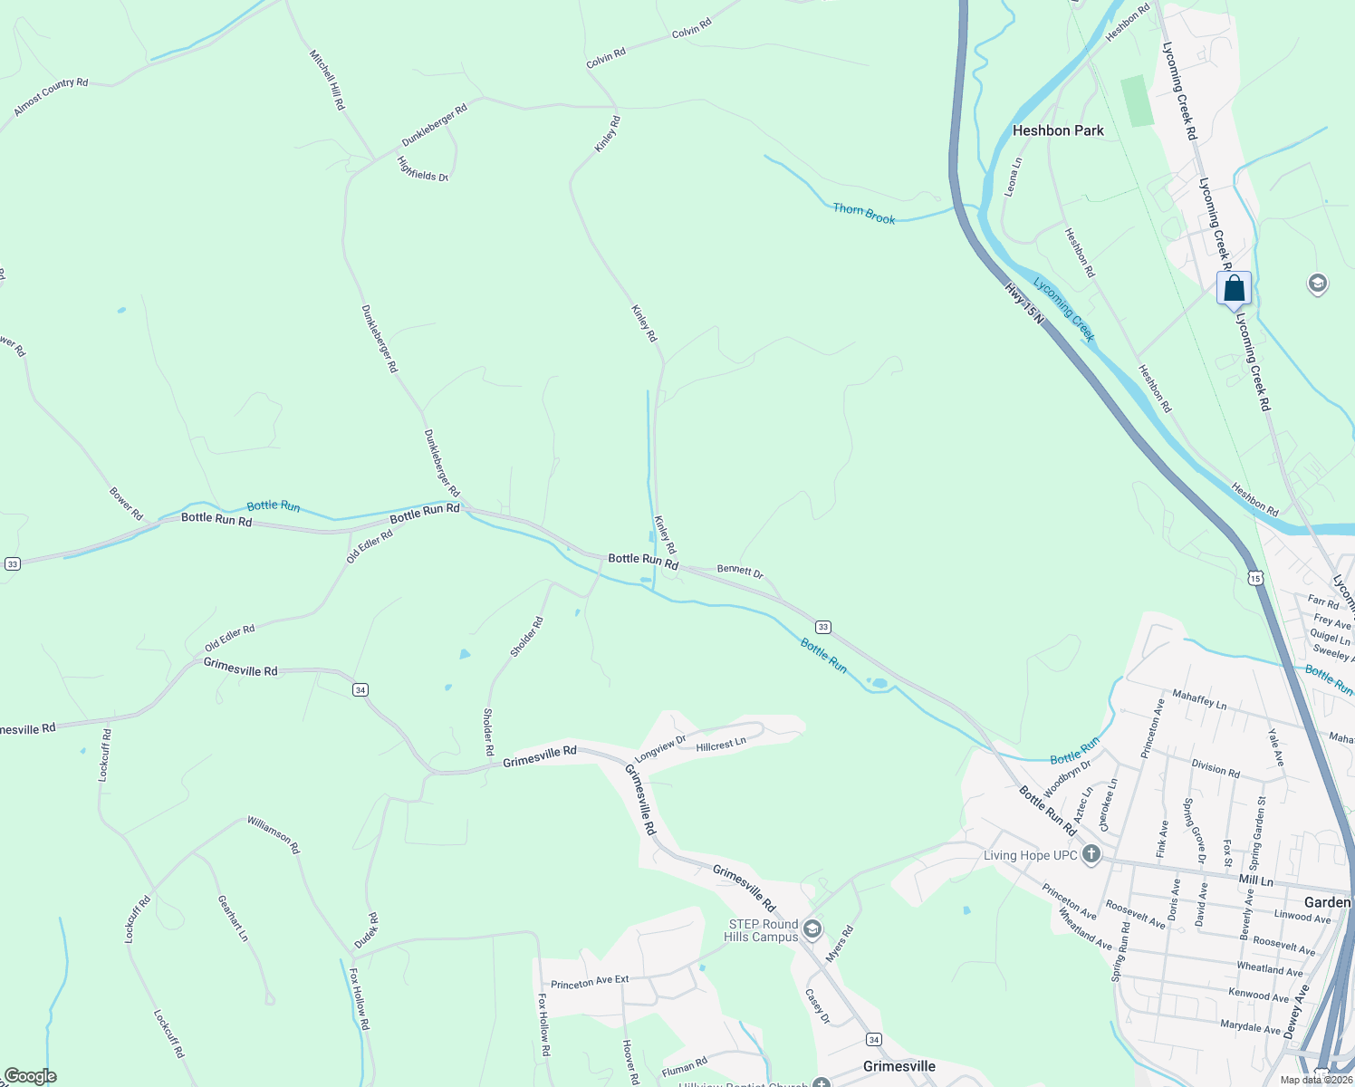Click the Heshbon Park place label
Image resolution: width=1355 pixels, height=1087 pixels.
click(1058, 130)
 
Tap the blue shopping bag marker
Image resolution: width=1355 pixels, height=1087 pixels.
click(1234, 290)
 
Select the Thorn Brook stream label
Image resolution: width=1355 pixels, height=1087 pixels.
click(864, 214)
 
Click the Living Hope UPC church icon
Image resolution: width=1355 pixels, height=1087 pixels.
click(1091, 855)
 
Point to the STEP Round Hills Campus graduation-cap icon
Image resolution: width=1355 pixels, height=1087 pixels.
click(812, 928)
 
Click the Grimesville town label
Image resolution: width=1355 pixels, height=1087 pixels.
click(899, 1066)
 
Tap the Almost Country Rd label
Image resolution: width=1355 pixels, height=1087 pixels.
click(51, 97)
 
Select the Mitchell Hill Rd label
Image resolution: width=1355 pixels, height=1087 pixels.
click(327, 80)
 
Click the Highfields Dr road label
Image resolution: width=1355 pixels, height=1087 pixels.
click(423, 169)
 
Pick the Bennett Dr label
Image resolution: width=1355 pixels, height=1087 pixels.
click(740, 571)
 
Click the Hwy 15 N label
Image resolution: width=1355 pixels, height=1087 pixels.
click(1024, 304)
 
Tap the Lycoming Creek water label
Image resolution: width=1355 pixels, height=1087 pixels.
click(1064, 310)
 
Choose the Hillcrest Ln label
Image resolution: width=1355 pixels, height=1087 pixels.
click(721, 746)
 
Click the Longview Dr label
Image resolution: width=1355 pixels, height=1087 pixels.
click(660, 748)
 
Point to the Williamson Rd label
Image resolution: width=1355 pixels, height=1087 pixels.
click(274, 834)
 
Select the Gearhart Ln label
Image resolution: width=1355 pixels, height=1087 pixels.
click(233, 918)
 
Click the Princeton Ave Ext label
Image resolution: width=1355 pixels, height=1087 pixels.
click(590, 982)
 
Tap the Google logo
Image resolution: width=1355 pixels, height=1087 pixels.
click(30, 1076)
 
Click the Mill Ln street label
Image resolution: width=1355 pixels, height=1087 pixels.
click(1255, 880)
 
